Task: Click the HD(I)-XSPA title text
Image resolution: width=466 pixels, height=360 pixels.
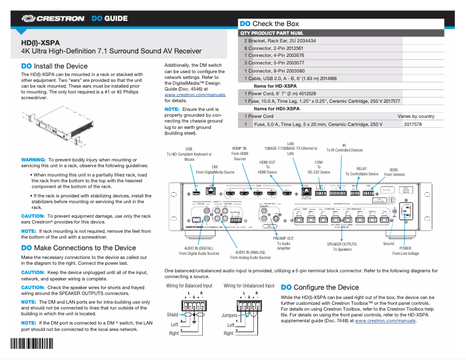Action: (x=40, y=42)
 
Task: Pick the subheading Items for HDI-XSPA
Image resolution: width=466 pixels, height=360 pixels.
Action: (x=277, y=109)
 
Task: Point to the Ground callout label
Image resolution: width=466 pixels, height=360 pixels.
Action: (x=388, y=244)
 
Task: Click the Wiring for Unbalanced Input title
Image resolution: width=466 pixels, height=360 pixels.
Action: (x=249, y=286)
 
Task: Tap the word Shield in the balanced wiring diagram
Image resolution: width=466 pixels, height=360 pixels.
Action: (x=173, y=315)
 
